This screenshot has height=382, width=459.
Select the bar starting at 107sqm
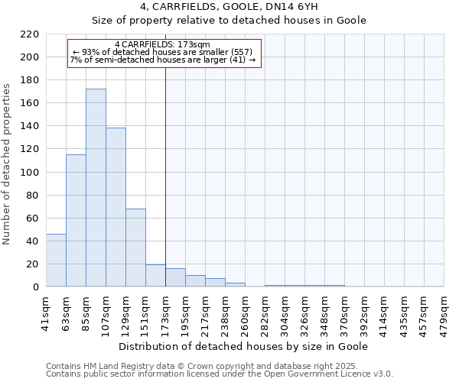116,207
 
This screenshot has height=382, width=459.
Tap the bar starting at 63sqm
76,221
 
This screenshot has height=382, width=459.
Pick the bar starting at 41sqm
56,261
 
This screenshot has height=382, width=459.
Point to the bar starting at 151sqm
155,276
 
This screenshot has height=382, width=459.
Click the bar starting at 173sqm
175,278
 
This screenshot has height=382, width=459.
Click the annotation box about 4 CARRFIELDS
164,53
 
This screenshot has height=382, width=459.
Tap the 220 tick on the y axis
31,34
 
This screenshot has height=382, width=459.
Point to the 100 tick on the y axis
31,172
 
